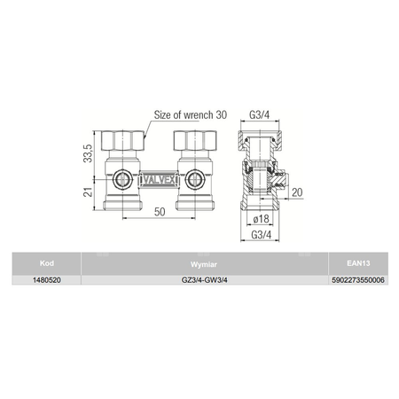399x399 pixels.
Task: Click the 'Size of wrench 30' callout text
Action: click(191, 115)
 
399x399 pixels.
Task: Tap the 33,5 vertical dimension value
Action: click(88, 153)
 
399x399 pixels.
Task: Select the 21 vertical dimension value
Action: click(88, 192)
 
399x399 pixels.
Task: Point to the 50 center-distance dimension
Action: click(160, 212)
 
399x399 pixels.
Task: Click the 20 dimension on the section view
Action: click(297, 192)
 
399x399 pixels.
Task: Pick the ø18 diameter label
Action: click(262, 219)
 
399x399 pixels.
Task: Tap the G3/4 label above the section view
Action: click(260, 114)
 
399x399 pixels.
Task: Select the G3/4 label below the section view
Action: click(261, 235)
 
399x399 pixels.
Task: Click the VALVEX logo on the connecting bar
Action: click(159, 179)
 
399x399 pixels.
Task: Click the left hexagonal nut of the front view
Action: click(123, 140)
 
